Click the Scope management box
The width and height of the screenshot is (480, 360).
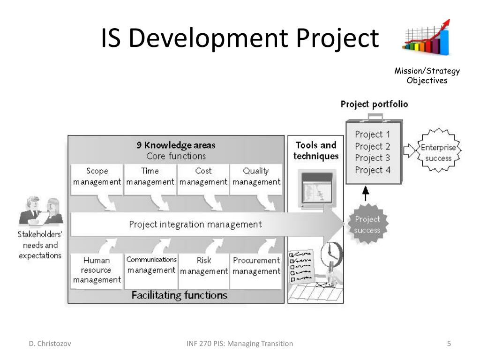coord(97,177)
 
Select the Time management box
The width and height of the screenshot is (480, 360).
coord(150,177)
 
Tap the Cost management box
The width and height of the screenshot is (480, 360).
coord(203,177)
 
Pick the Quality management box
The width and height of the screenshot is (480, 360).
coord(256,177)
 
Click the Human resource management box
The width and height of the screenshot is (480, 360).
coord(97,270)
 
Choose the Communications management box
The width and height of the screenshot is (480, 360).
coord(151,265)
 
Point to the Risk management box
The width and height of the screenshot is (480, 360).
coord(204,266)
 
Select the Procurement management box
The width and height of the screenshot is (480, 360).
coord(256,266)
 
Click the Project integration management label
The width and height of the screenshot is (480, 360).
coord(195,225)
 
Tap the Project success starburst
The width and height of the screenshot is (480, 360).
coord(367,225)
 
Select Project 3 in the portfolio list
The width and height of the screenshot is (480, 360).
coord(373,158)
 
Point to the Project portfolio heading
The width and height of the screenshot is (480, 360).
coord(374,104)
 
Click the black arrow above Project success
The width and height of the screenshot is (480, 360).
coord(366,194)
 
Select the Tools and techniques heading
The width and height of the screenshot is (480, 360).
coord(316,150)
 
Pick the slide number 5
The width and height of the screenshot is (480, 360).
coord(449,344)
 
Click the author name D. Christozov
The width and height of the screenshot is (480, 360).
coord(49,344)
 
